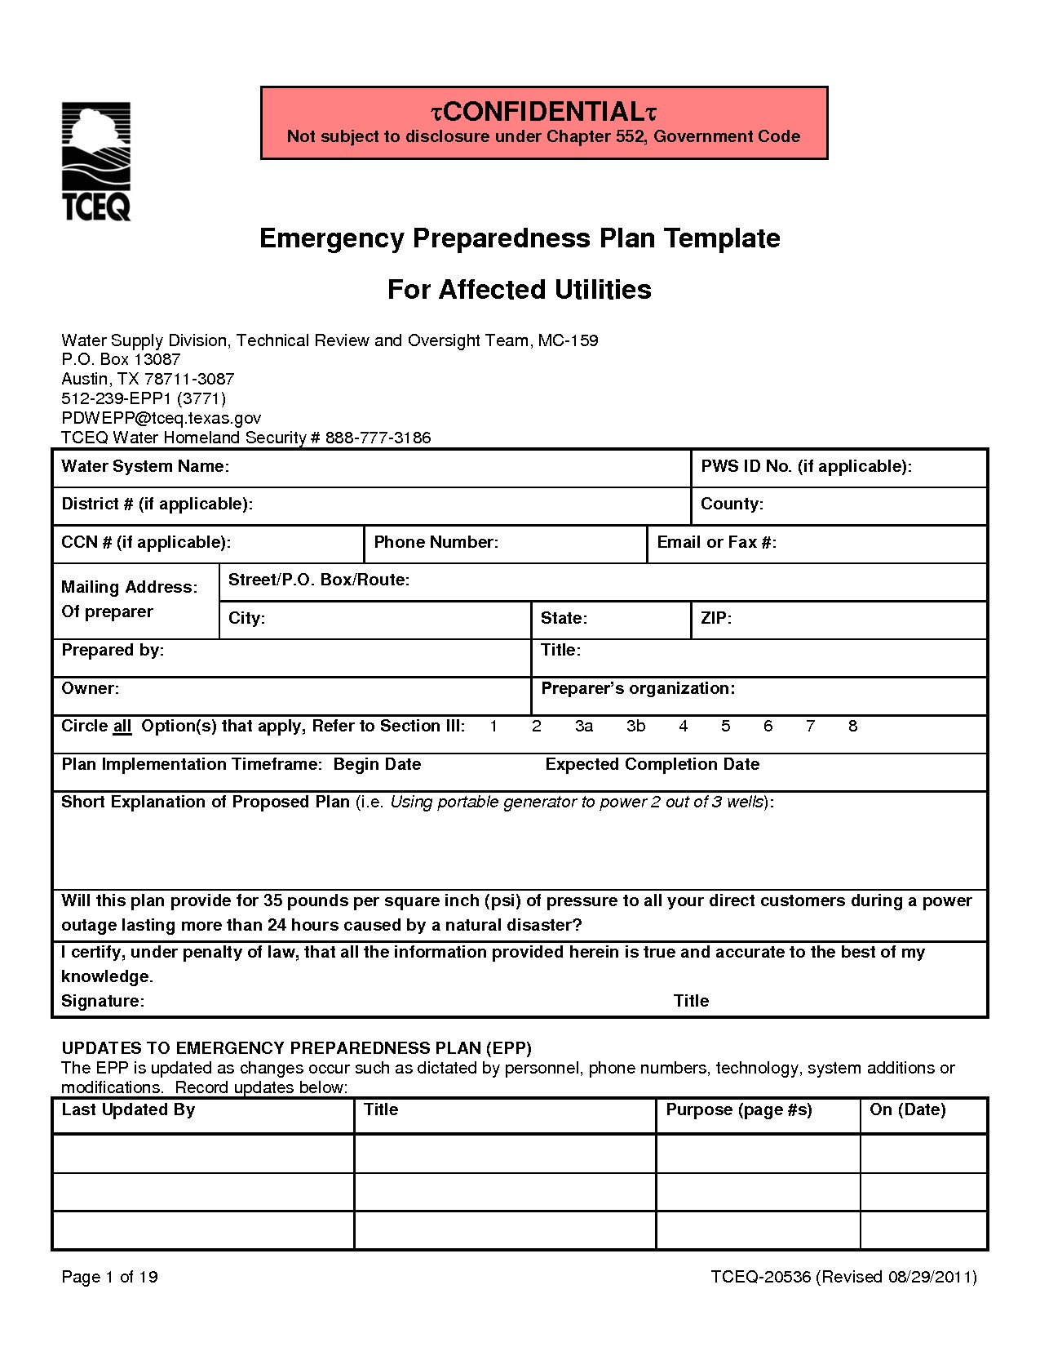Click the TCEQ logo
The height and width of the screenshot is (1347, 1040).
pos(96,162)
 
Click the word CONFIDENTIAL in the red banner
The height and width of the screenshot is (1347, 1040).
pos(543,111)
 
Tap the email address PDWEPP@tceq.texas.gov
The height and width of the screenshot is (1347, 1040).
pos(161,418)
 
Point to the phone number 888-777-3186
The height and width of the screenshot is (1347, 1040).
pos(378,438)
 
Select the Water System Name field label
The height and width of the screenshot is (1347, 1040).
pos(145,466)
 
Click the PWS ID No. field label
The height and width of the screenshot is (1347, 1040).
pos(806,466)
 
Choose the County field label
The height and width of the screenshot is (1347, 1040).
pos(732,504)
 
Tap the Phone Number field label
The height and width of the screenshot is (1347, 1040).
pos(436,542)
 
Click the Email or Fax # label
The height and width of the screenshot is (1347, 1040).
pos(716,542)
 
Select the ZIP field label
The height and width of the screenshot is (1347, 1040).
pos(716,618)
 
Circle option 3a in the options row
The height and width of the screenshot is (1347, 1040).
pos(583,726)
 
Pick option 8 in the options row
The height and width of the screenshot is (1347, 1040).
pos(852,726)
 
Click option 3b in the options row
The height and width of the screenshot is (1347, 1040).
pos(635,726)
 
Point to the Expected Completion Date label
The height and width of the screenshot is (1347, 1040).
pos(652,764)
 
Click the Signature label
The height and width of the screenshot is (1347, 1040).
pos(103,1001)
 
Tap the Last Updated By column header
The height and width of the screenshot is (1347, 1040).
pos(128,1109)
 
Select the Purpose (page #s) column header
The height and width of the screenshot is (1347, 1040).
pos(739,1109)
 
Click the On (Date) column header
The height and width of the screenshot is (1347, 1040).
pos(907,1109)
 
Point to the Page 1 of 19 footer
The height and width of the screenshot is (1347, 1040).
pos(109,1277)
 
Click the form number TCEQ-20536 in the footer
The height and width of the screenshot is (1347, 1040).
pos(760,1277)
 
